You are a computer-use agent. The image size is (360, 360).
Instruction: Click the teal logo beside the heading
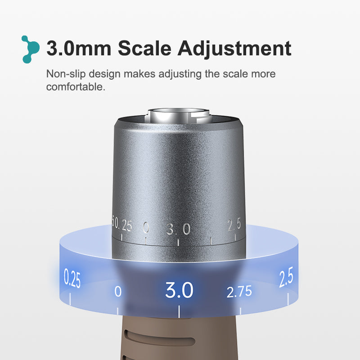click(x=31, y=49)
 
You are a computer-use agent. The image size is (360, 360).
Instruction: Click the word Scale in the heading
click(x=144, y=48)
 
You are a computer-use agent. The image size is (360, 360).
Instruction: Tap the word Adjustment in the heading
click(x=234, y=49)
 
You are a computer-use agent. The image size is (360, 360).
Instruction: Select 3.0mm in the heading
click(x=79, y=48)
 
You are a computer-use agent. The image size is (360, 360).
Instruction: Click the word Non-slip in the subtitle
click(x=66, y=74)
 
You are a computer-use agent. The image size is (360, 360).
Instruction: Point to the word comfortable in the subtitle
click(x=76, y=87)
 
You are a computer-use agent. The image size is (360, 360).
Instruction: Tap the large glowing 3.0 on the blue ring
click(x=179, y=290)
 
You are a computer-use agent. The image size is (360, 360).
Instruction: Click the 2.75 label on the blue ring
click(x=239, y=292)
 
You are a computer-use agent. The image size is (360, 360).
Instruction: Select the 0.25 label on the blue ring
click(x=72, y=278)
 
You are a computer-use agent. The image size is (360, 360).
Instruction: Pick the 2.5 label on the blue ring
click(x=286, y=277)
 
